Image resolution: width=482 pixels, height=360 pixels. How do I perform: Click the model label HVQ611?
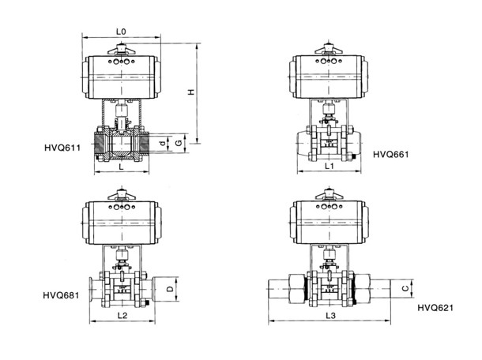tap(62, 148)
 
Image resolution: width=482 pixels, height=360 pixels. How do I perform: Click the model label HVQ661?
tap(391, 154)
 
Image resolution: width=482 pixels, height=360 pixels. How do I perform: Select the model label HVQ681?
tap(61, 295)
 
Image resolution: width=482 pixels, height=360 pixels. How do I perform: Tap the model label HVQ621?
tap(435, 307)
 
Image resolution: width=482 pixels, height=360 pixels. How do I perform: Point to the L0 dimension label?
tap(121, 32)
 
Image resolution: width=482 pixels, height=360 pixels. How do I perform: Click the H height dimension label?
tap(191, 92)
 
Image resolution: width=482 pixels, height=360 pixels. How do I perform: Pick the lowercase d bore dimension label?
tap(164, 143)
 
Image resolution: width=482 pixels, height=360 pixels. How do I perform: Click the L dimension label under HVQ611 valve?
tap(122, 167)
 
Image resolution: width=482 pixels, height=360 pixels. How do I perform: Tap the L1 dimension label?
tap(329, 166)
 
